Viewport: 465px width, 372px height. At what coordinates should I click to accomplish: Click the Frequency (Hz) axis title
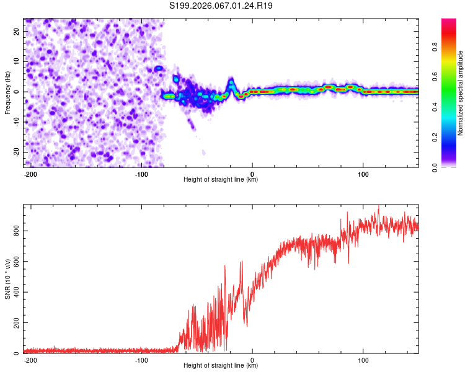(x=7, y=93)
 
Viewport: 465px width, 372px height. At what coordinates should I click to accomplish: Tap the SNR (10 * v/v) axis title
(x=7, y=279)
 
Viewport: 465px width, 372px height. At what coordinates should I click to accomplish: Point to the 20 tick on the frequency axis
(x=17, y=31)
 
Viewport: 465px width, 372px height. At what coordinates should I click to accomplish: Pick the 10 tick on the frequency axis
(x=17, y=61)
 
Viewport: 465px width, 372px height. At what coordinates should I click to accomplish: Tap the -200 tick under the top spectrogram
(x=30, y=174)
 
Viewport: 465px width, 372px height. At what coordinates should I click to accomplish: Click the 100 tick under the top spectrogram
(x=363, y=174)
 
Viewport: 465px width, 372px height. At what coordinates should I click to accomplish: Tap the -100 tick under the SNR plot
(x=141, y=360)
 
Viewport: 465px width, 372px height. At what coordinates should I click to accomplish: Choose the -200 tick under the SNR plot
(x=30, y=360)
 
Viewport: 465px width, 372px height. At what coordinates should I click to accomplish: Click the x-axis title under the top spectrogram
(x=221, y=180)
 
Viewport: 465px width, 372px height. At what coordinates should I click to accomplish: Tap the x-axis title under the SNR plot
(x=221, y=366)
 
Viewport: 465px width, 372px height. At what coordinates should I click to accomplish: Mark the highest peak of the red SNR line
(x=379, y=207)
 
